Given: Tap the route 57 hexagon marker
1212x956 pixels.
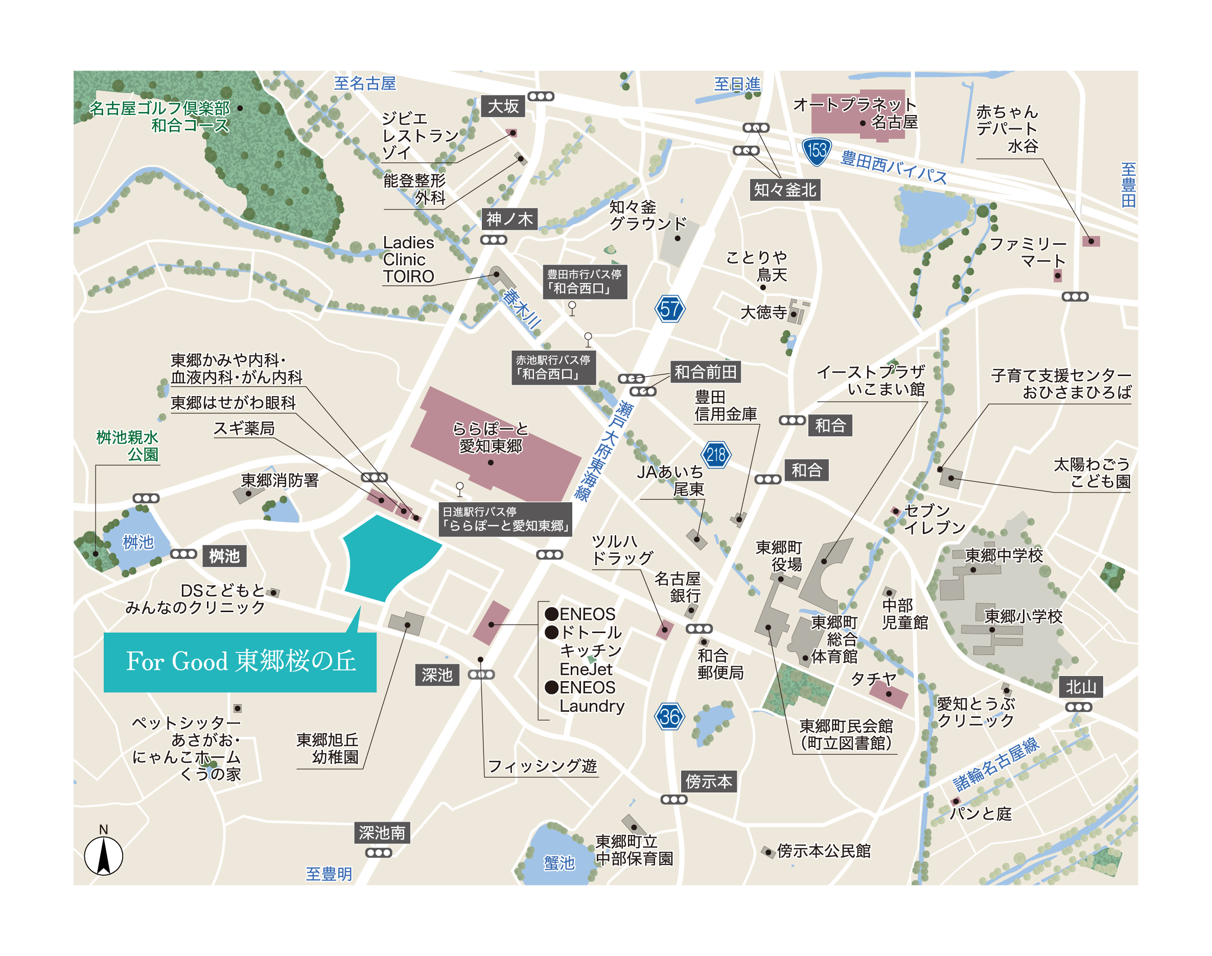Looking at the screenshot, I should coord(669,309).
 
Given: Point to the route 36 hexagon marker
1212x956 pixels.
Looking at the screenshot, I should coord(669,716).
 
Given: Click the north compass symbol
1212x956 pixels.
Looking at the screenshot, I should coord(104,855).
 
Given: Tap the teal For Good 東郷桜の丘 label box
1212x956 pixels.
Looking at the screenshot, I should coord(240,662).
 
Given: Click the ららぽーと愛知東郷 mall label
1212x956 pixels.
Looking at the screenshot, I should coord(491,437).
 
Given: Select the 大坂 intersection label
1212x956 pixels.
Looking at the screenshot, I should coord(503,106).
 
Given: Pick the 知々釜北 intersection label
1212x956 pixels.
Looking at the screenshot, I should coord(785,190).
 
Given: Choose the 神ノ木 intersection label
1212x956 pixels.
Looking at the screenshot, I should coord(509,219).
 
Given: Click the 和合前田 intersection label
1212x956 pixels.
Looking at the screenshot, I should coord(705,371).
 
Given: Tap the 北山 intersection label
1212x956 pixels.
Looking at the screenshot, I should coord(1081,687).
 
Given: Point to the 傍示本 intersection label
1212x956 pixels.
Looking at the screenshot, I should coord(708,781).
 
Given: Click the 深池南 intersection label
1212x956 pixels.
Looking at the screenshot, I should coord(382,833).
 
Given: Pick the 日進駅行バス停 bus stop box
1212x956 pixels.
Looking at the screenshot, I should coord(505,519).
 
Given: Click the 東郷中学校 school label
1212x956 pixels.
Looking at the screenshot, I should coord(1004,555).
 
